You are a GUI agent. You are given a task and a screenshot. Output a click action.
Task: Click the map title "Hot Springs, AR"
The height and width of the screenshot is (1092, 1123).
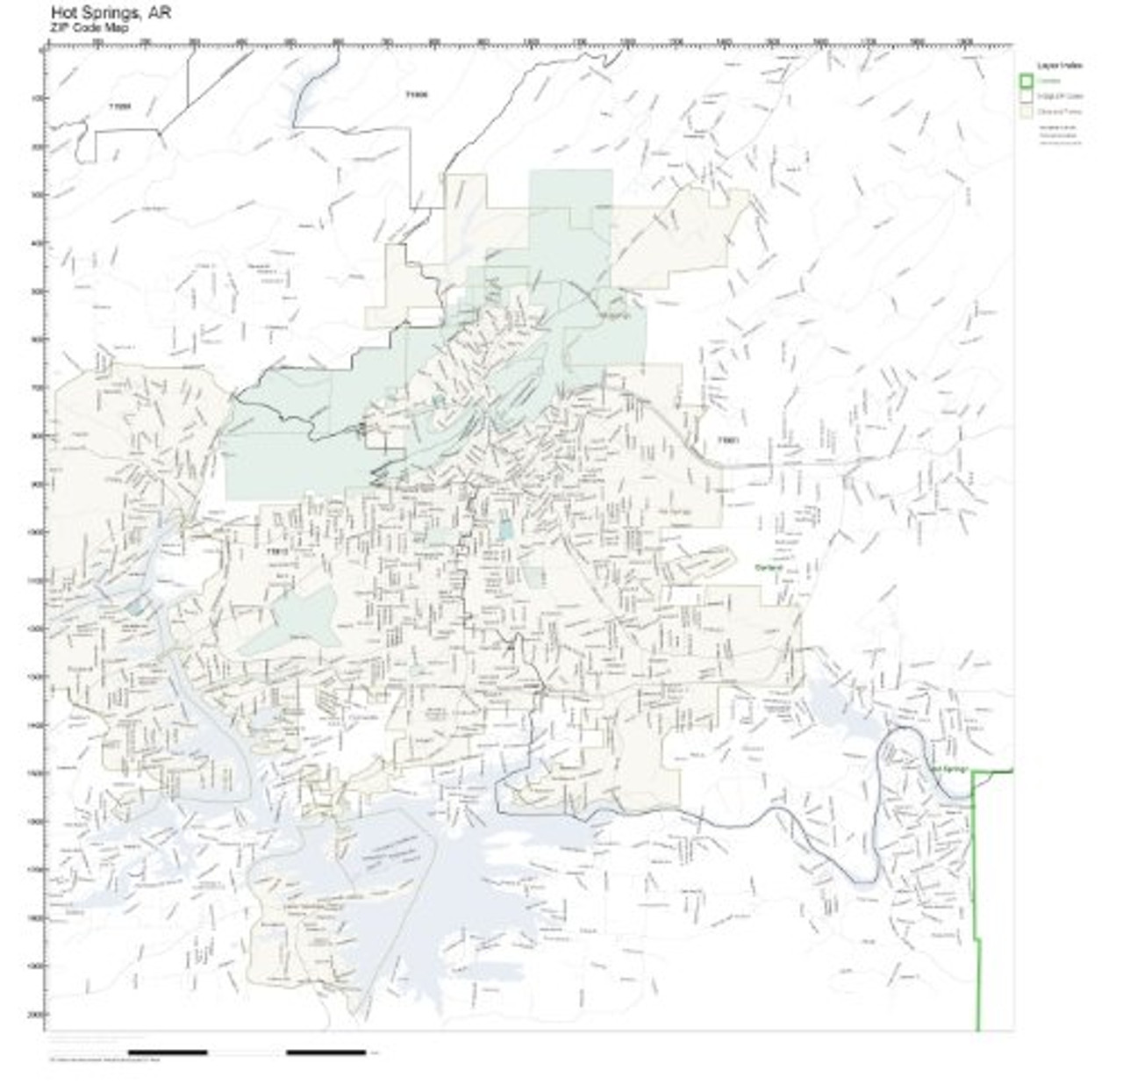click(x=111, y=13)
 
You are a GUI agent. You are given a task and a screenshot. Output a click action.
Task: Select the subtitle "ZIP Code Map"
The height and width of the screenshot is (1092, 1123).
click(x=89, y=28)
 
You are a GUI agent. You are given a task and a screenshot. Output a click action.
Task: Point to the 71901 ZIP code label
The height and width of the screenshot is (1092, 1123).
click(x=728, y=440)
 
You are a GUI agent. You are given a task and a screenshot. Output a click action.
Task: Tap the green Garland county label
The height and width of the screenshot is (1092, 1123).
click(x=768, y=568)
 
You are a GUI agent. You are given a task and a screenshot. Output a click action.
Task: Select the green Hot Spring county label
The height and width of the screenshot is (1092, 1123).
click(x=948, y=770)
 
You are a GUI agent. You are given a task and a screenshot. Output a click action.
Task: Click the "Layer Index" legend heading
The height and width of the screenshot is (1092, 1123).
click(x=1059, y=66)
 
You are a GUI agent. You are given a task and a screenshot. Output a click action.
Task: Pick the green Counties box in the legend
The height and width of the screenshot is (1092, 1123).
click(x=1026, y=81)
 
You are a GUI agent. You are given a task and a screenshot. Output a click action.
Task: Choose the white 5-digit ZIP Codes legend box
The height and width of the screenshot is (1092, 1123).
click(x=1026, y=97)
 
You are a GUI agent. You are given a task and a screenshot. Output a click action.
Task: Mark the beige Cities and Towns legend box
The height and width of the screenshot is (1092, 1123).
click(x=1026, y=112)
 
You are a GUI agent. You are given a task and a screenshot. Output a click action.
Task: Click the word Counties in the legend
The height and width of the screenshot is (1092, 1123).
click(x=1048, y=81)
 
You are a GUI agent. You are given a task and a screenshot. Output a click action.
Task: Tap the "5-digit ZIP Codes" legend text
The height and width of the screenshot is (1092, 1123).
click(x=1060, y=97)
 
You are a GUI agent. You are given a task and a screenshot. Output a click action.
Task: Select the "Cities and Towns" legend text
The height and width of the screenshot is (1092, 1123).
click(x=1060, y=112)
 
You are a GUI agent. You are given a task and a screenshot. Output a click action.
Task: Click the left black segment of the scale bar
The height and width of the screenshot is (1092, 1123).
click(x=168, y=1052)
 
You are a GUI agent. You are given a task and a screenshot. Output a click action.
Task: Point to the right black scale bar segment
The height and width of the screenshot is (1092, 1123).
click(x=325, y=1052)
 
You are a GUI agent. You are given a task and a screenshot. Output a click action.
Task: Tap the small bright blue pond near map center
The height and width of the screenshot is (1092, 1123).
click(x=505, y=528)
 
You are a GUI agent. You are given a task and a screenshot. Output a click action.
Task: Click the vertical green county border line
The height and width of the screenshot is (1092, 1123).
click(x=976, y=878)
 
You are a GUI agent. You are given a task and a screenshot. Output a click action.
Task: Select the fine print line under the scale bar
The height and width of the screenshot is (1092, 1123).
click(x=97, y=1060)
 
